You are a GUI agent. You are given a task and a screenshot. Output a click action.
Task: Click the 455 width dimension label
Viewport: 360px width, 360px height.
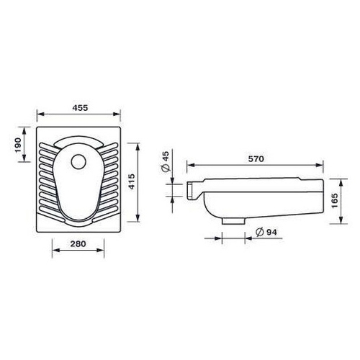point(80,108)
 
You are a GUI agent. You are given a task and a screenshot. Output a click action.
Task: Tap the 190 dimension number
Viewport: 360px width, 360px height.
point(18,145)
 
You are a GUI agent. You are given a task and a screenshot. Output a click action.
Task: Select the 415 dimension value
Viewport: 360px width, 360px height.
point(132,181)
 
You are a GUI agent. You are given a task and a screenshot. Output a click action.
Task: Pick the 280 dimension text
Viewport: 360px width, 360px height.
point(78,244)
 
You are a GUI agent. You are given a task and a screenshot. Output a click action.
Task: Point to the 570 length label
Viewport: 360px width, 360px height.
point(256,159)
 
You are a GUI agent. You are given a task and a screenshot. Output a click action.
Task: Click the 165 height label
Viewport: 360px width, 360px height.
point(334,201)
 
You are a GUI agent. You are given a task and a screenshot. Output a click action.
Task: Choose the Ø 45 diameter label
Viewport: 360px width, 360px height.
point(166,161)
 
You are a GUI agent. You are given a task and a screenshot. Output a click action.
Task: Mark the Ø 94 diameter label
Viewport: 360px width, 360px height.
point(266,232)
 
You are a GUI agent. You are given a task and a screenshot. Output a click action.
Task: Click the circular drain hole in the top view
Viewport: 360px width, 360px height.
point(78,162)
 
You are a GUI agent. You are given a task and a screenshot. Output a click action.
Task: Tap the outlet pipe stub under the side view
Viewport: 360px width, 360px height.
point(233,220)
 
